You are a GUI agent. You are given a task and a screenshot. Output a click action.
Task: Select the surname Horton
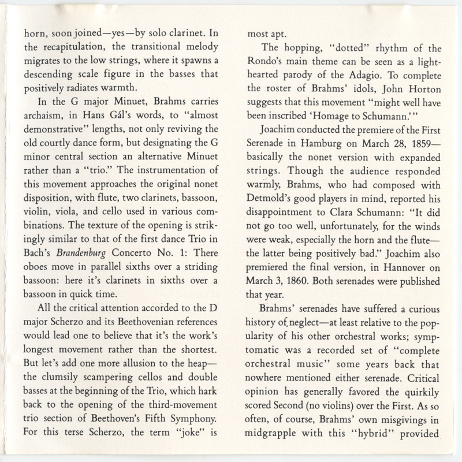tap(422, 83)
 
